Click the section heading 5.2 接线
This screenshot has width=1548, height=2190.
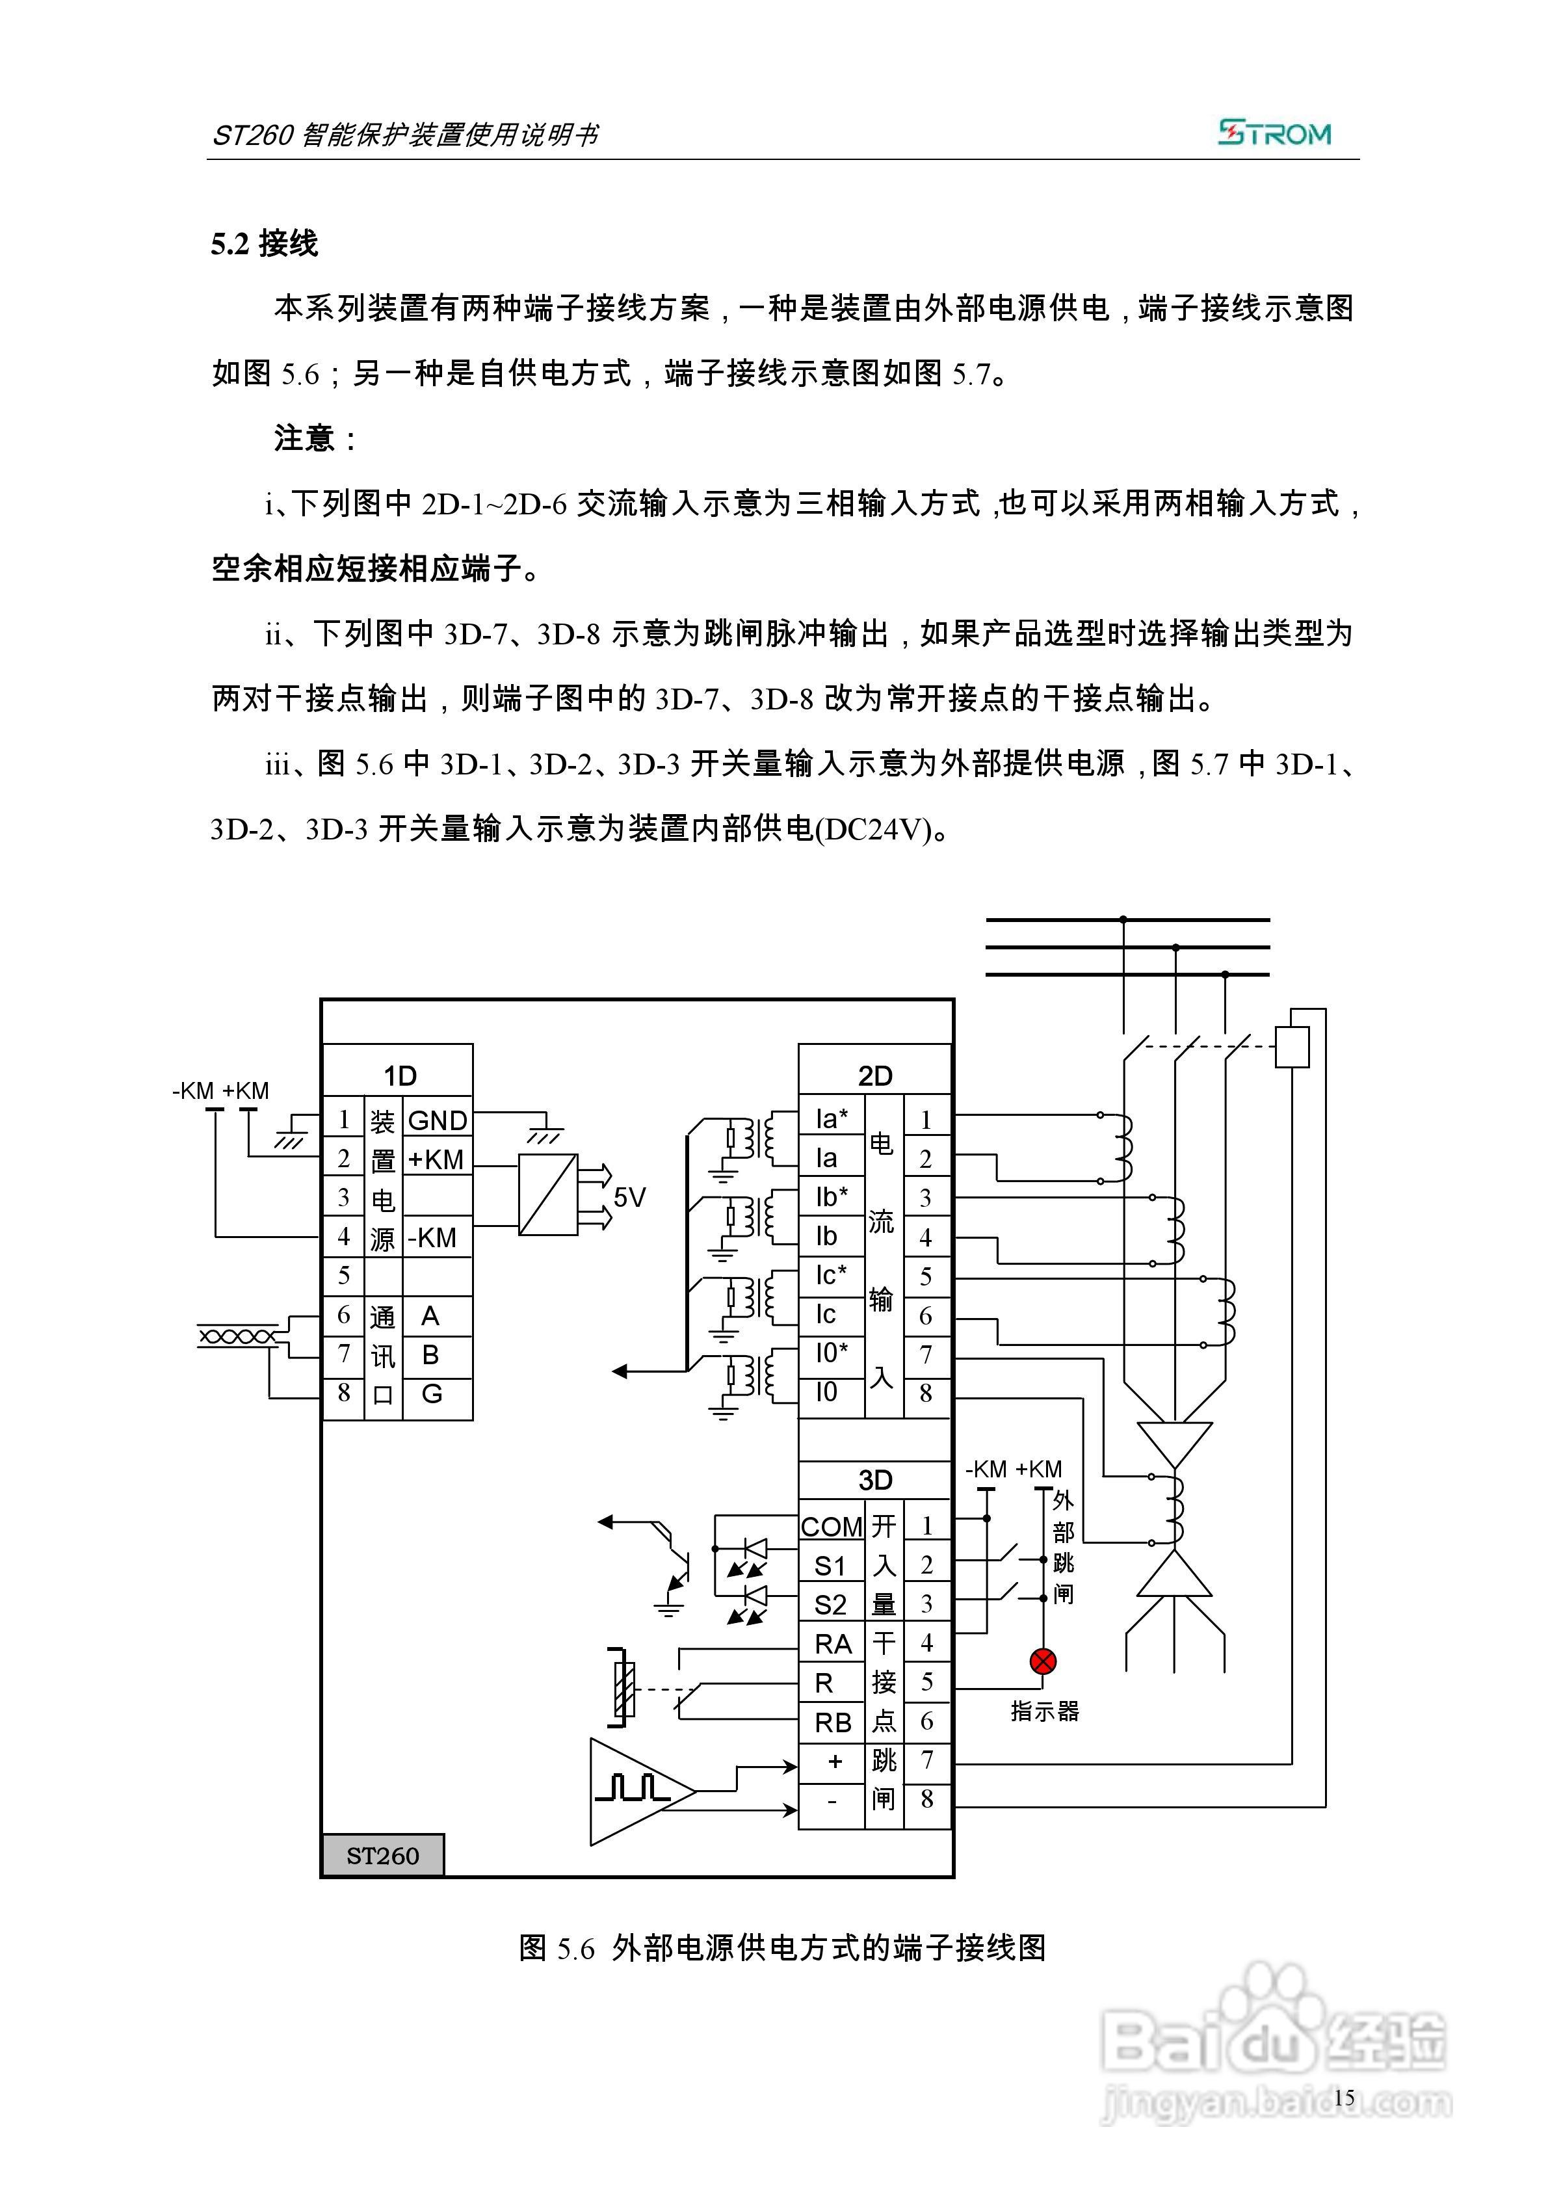point(264,244)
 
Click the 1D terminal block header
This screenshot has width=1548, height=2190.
point(400,1076)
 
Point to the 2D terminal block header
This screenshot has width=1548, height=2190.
point(874,1076)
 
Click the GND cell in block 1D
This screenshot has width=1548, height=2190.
point(437,1121)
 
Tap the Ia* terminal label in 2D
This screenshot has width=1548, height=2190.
point(831,1118)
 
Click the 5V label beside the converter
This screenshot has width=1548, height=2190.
point(629,1197)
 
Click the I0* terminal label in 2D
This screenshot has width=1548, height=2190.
point(831,1352)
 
